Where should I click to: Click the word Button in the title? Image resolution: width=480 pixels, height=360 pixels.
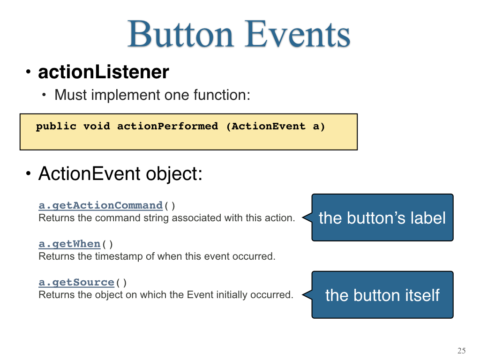tap(181, 34)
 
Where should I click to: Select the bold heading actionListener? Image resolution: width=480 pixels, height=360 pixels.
tap(104, 72)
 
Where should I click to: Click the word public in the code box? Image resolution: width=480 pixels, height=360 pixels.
tap(56, 126)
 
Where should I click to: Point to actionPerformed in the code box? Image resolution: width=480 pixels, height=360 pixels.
tap(168, 126)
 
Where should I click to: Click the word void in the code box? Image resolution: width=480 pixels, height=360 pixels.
tap(97, 126)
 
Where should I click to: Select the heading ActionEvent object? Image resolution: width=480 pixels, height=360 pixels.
tap(120, 173)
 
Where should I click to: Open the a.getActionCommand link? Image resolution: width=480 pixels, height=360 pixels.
tap(100, 205)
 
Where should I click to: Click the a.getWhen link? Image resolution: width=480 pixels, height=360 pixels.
tap(69, 244)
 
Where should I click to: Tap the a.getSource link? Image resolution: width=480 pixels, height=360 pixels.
tap(76, 282)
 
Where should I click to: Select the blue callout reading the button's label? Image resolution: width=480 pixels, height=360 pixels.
tap(382, 217)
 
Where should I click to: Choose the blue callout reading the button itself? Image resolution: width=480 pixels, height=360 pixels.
tap(382, 295)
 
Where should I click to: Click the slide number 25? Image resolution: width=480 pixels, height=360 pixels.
tap(462, 351)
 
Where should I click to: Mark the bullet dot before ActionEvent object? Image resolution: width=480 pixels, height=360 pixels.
tap(29, 173)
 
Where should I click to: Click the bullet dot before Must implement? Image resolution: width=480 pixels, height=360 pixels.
tap(44, 95)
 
